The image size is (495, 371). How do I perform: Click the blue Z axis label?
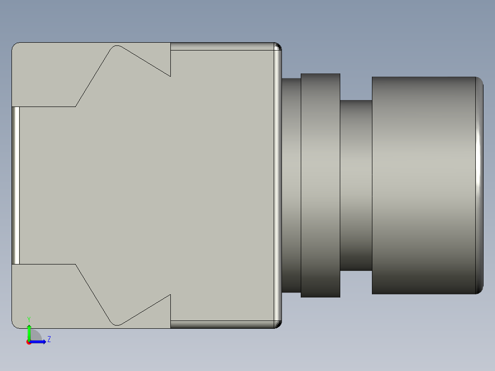[x=49, y=339]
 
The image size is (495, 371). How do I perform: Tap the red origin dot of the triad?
[x=29, y=342]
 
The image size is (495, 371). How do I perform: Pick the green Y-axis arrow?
[x=29, y=332]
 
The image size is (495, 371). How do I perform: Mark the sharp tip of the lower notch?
[x=170, y=295]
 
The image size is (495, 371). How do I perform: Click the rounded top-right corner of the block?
[x=278, y=46]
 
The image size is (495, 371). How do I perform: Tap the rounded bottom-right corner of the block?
[x=278, y=325]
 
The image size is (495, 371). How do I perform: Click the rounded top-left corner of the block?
[x=15, y=46]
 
